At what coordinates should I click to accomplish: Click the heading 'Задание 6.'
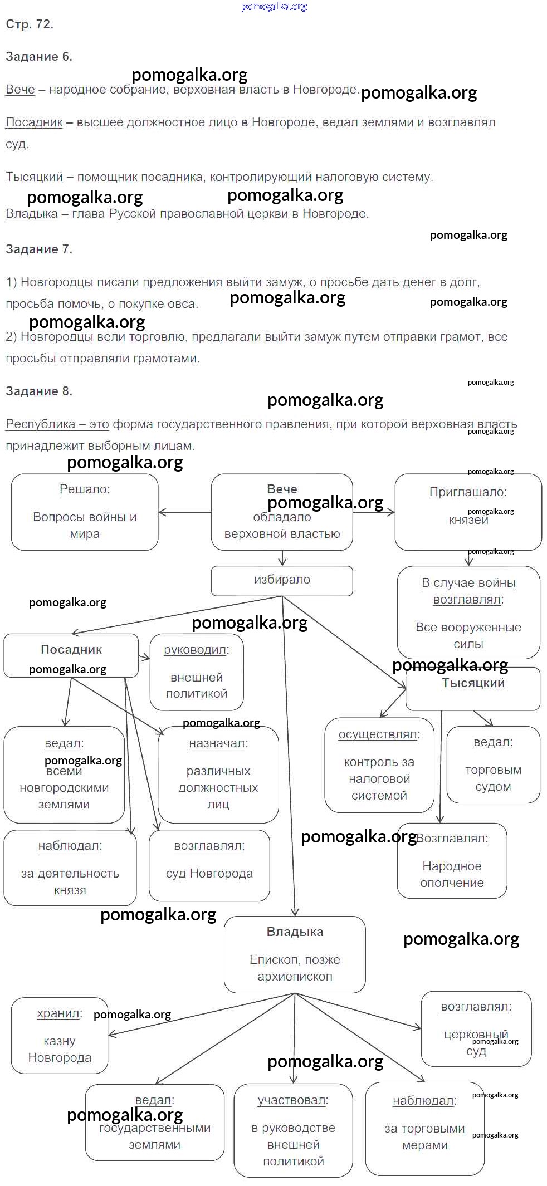(x=39, y=57)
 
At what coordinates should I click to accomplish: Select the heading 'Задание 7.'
(x=39, y=249)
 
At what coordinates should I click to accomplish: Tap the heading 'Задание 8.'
(x=39, y=391)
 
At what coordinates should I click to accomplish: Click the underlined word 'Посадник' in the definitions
(x=34, y=122)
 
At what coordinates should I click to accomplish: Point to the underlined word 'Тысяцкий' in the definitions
(x=34, y=177)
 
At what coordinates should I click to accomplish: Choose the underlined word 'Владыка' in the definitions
(x=32, y=214)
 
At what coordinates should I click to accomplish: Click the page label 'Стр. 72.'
(x=30, y=24)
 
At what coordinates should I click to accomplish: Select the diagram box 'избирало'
(x=282, y=580)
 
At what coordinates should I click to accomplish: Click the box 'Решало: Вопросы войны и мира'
(x=85, y=512)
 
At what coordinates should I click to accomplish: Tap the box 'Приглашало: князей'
(x=468, y=512)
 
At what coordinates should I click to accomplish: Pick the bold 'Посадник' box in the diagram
(x=71, y=655)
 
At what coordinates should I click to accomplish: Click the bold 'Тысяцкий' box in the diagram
(x=473, y=689)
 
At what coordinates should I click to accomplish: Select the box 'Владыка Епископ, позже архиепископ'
(x=295, y=954)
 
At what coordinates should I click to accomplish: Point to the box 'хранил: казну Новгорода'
(x=60, y=1036)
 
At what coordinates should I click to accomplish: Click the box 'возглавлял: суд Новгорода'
(x=209, y=865)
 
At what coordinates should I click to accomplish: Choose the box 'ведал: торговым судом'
(x=493, y=764)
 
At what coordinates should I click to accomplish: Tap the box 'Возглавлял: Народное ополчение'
(x=452, y=861)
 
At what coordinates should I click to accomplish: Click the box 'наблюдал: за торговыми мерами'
(x=424, y=1129)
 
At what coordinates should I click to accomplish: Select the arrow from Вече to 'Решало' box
(x=185, y=512)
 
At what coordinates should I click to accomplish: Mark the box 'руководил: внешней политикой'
(x=197, y=672)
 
